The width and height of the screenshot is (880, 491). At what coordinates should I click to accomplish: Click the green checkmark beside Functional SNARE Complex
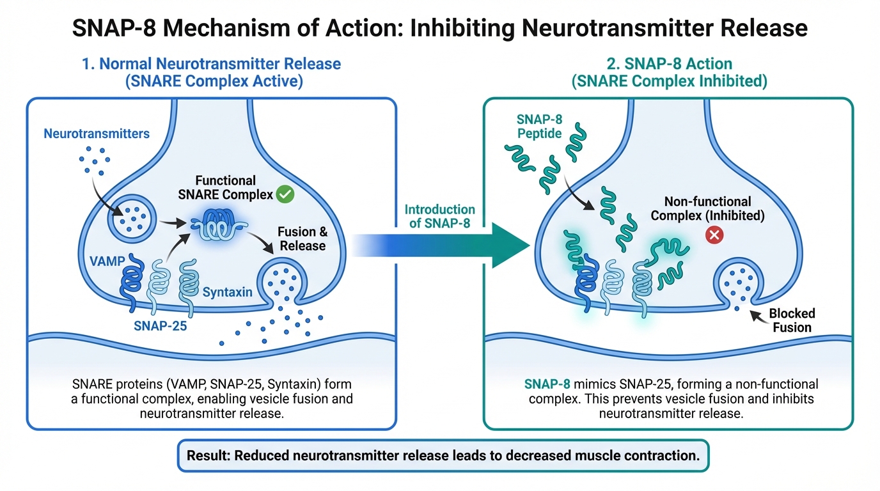pos(285,194)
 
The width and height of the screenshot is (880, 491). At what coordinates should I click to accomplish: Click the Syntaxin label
pos(227,292)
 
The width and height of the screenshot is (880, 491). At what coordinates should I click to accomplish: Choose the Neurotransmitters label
pos(97,134)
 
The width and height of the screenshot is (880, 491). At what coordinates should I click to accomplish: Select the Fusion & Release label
pos(302,239)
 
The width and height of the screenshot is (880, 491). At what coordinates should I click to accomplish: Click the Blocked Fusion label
pos(791,320)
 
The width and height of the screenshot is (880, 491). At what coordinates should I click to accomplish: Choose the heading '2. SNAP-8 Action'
pos(668,64)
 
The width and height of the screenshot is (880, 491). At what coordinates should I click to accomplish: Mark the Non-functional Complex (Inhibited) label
pos(707,208)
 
